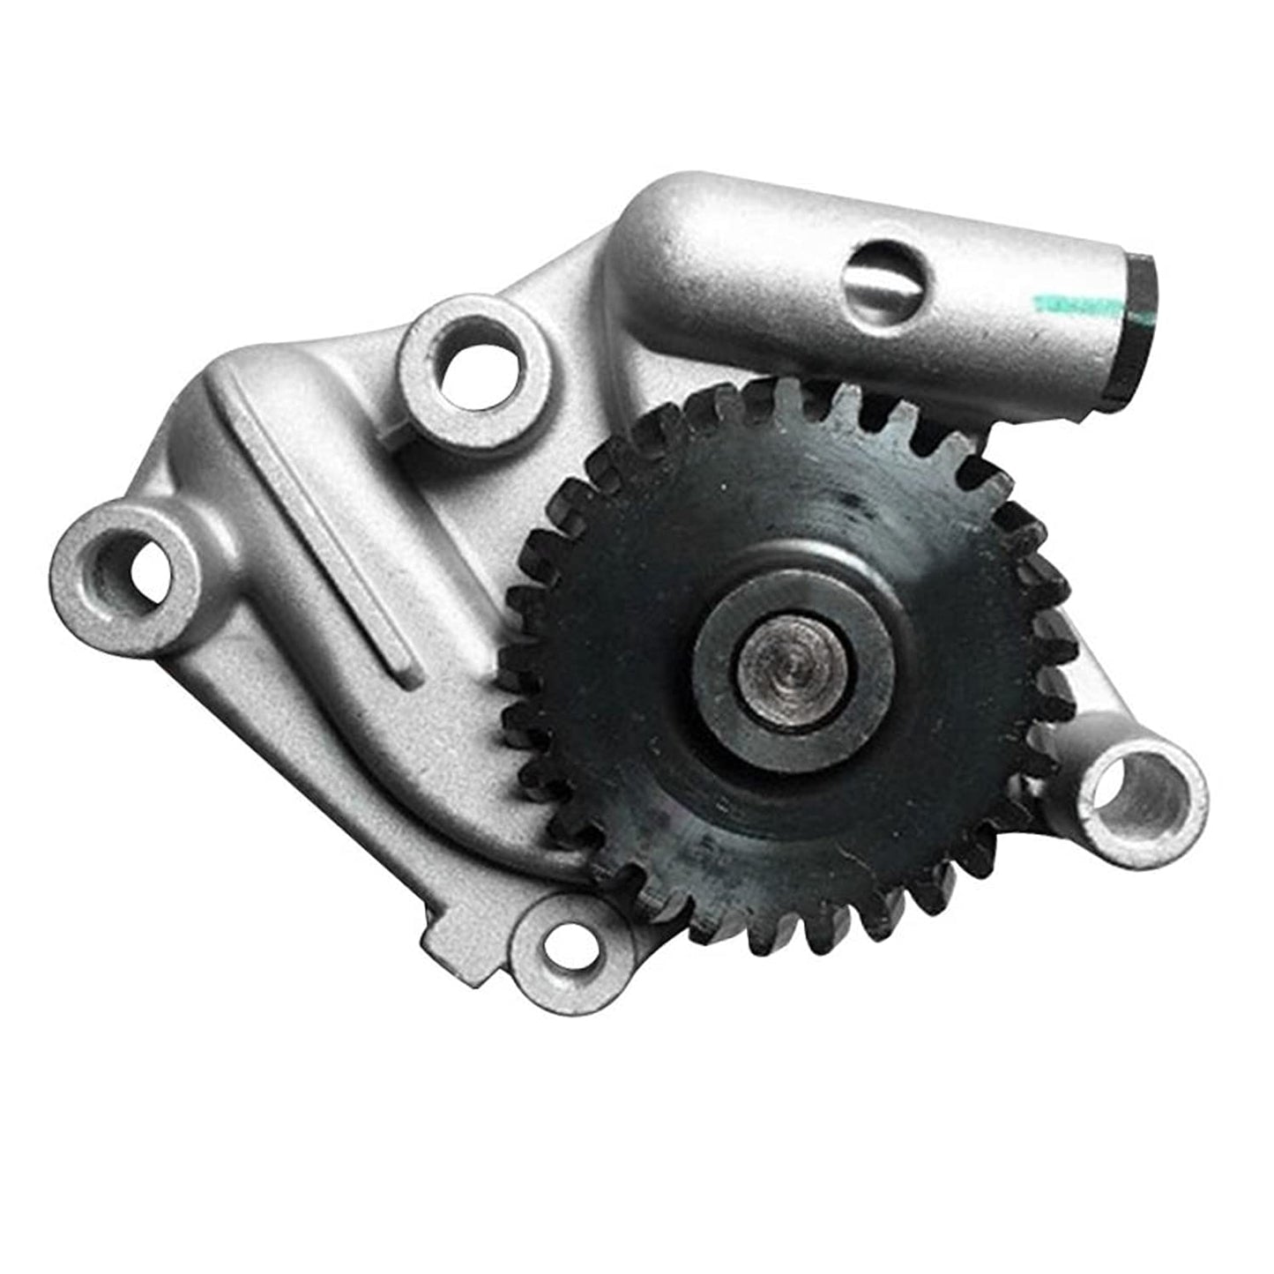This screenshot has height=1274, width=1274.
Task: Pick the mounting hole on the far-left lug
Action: tap(141, 564)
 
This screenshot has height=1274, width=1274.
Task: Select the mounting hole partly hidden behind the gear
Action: tap(1136, 787)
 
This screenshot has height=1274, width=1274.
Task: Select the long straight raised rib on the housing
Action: tap(322, 520)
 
